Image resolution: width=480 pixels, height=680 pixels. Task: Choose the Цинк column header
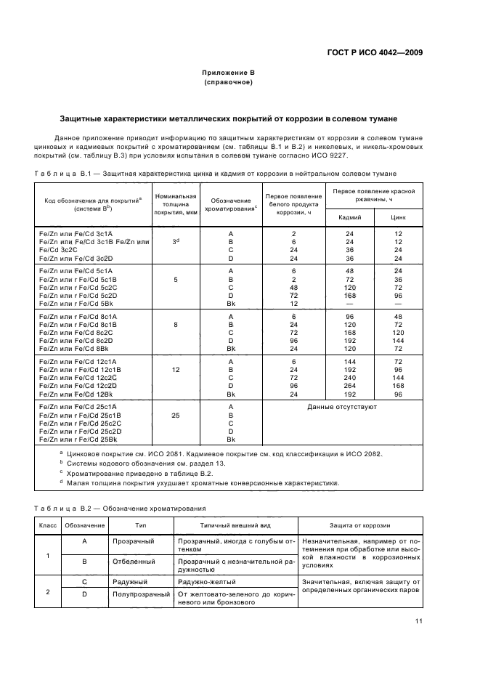point(398,216)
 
